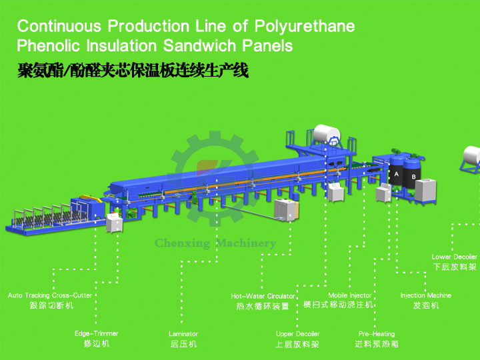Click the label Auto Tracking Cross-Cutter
pos(50,295)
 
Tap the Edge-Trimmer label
pos(96,333)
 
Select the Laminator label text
pos(183,333)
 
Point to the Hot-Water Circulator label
pos(263,296)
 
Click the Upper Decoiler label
pos(297,333)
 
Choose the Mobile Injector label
pos(349,295)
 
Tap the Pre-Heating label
pos(376,333)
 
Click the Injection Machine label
pos(425,295)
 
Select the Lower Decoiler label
pos(454,257)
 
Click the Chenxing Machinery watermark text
pos(215,243)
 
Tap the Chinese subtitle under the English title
pos(133,71)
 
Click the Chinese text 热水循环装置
pos(263,307)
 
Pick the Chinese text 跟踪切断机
pos(51,305)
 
